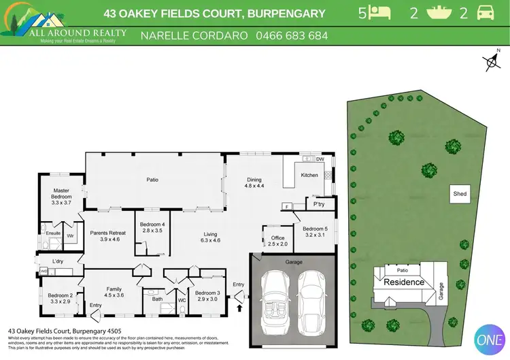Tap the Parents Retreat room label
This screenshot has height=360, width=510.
pyautogui.click(x=105, y=235)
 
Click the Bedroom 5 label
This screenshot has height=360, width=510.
pyautogui.click(x=315, y=232)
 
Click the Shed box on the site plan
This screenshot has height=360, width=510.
pyautogui.click(x=460, y=194)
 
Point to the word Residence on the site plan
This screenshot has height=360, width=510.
pyautogui.click(x=403, y=282)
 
